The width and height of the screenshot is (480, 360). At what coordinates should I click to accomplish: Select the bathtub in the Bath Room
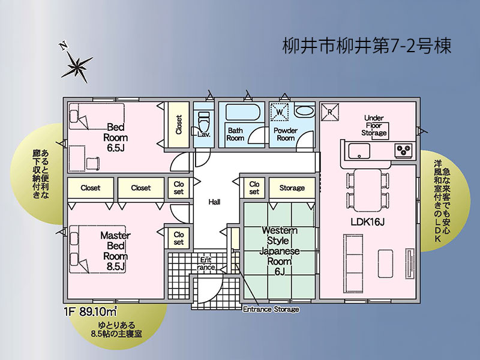point(244,112)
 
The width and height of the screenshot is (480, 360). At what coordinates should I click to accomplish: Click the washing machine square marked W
point(279,112)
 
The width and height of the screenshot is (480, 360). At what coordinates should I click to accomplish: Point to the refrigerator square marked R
point(329,112)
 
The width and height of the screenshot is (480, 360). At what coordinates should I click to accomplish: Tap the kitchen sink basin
point(359,151)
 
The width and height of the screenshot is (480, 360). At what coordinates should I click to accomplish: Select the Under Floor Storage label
point(374,125)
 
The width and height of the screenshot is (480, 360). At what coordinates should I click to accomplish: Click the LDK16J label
point(367,222)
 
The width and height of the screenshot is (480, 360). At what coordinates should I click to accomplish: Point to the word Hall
point(214,202)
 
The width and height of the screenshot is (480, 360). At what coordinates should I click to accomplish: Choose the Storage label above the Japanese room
point(292,188)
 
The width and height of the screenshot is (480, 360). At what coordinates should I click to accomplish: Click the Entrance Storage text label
point(271,309)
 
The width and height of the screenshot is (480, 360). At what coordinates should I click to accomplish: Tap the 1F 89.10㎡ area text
point(91,311)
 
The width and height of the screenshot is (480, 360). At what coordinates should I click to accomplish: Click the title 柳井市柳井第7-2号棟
point(367,46)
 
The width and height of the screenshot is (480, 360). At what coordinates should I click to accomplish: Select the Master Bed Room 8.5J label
point(115,251)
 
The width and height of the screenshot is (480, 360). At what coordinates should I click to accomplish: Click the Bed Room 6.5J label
point(115,137)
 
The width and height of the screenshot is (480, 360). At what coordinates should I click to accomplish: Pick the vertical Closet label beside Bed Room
point(179,125)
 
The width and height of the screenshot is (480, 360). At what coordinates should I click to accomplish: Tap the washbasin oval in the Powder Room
point(305,112)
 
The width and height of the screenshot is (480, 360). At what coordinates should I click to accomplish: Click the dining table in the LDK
point(368,190)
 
